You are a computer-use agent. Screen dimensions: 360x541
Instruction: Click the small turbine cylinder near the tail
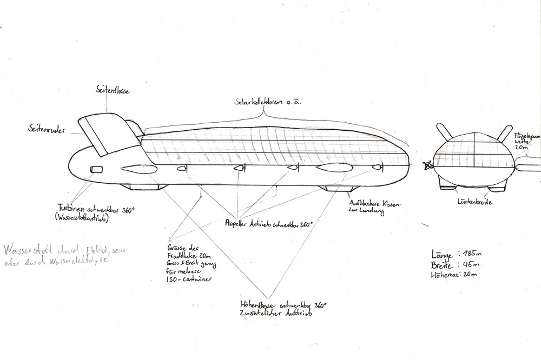click(97, 169)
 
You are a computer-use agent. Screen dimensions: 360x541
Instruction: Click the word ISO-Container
click(189, 279)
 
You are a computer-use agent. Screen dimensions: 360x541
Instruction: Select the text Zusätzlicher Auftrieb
click(273, 312)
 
